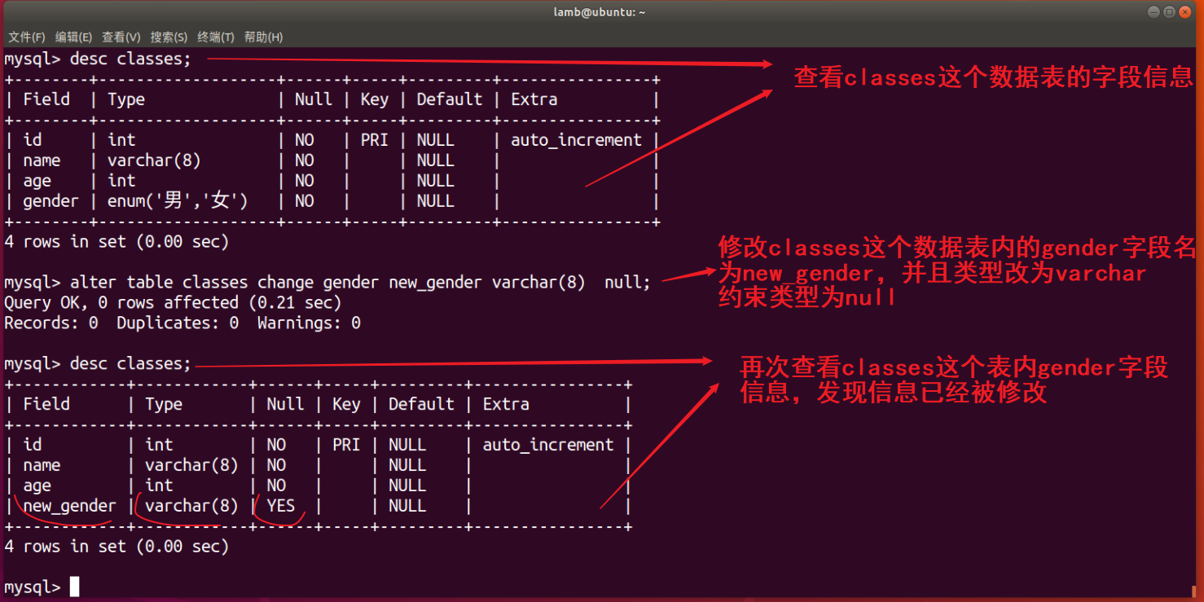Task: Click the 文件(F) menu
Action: coord(27,37)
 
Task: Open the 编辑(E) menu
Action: coord(73,37)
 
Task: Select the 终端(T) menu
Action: coord(215,37)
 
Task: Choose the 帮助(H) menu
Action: coord(263,37)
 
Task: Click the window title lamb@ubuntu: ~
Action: coord(602,12)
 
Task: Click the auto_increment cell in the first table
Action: coord(576,140)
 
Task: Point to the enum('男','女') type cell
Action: coord(178,201)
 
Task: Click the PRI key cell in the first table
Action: coord(374,140)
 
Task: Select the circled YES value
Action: coord(281,506)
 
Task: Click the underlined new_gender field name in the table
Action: coord(69,506)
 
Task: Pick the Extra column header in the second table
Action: coord(506,404)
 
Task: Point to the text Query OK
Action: coord(39,303)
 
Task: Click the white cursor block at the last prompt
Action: coord(74,587)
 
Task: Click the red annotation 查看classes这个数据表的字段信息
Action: coord(993,77)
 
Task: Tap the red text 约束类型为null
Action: coord(806,297)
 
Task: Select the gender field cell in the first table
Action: coord(51,201)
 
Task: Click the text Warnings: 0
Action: coord(309,323)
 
